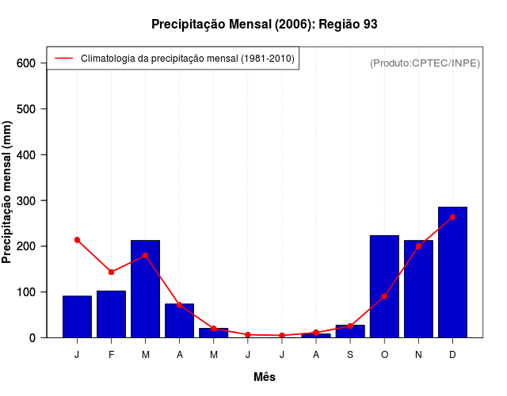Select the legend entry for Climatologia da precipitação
(x=187, y=58)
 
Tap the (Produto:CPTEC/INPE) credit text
(x=425, y=63)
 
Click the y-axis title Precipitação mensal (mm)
(x=8, y=197)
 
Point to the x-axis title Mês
(x=265, y=377)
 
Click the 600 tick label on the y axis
(x=27, y=63)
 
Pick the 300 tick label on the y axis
(x=27, y=200)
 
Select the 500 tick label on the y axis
(x=27, y=109)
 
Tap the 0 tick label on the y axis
(x=32, y=338)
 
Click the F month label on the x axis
(x=112, y=355)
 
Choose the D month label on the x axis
(x=452, y=355)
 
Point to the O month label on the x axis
(x=384, y=355)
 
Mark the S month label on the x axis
(x=350, y=355)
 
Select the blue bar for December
(x=452, y=272)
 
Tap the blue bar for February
(x=112, y=314)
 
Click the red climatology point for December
(x=452, y=217)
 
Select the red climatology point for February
(x=112, y=272)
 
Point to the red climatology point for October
(x=384, y=296)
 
